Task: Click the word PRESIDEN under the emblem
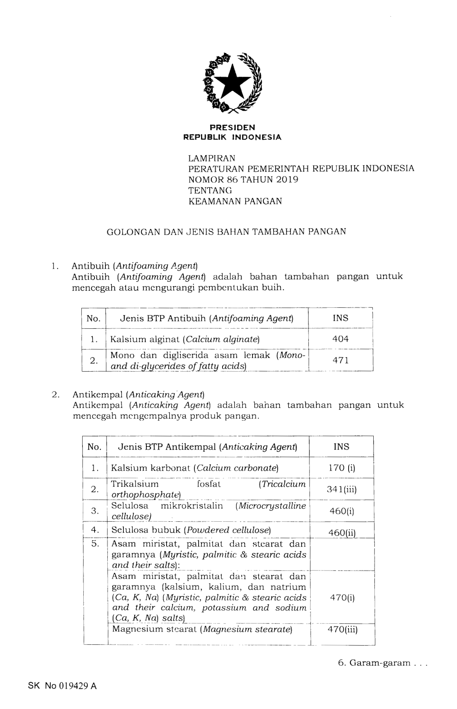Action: pyautogui.click(x=232, y=128)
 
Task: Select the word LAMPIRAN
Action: pyautogui.click(x=212, y=158)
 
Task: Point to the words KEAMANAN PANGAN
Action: pyautogui.click(x=235, y=201)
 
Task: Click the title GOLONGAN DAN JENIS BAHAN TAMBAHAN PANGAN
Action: pyautogui.click(x=226, y=232)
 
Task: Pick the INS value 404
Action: pyautogui.click(x=340, y=339)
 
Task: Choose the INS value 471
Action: pyautogui.click(x=340, y=360)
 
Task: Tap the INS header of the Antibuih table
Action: pyautogui.click(x=340, y=318)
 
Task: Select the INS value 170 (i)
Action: pyautogui.click(x=341, y=468)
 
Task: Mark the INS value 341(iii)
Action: pyautogui.click(x=341, y=489)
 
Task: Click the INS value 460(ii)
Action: pyautogui.click(x=341, y=533)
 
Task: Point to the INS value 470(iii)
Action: pyautogui.click(x=342, y=629)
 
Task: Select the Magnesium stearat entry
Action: pyautogui.click(x=202, y=629)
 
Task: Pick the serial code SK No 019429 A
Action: pyautogui.click(x=62, y=686)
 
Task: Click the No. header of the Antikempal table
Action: pyautogui.click(x=95, y=447)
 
